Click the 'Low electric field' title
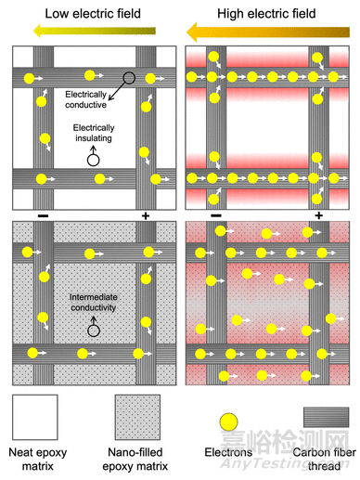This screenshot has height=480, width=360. click(93, 14)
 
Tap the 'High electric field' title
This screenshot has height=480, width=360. click(266, 14)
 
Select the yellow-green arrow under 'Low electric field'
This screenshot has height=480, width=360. click(95, 31)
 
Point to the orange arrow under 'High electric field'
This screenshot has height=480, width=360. click(268, 32)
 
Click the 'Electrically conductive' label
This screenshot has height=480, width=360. click(85, 99)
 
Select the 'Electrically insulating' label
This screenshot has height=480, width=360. click(94, 133)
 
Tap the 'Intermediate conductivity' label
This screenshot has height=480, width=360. click(94, 303)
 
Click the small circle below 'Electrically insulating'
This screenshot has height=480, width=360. click(93, 161)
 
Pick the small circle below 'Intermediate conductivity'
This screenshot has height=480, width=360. click(94, 331)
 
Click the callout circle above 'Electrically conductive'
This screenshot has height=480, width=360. click(129, 78)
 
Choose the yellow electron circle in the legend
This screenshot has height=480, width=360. click(228, 422)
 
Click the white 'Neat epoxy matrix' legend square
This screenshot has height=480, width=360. click(35, 417)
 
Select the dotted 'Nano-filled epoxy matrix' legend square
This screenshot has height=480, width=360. click(137, 417)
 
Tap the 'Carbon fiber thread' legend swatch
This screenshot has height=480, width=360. click(326, 417)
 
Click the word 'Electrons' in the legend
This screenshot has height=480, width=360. click(228, 452)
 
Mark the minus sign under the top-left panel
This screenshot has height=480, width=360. click(43, 215)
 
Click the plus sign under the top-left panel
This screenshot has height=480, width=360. click(146, 215)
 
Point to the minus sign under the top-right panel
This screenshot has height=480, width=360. click(216, 215)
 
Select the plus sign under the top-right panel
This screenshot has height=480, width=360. click(318, 215)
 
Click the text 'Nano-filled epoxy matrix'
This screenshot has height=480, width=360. click(135, 460)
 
